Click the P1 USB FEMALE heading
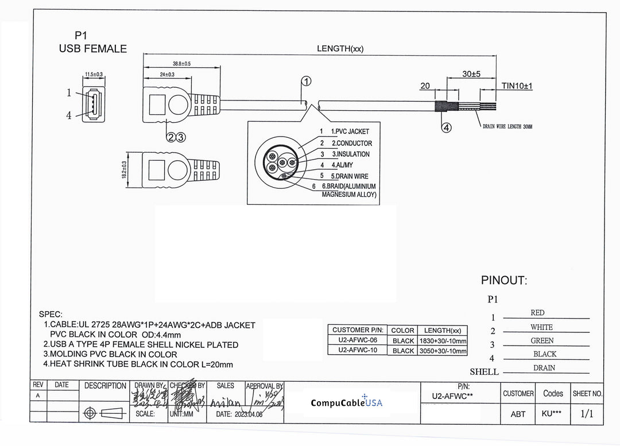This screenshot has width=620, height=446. pyautogui.click(x=92, y=42)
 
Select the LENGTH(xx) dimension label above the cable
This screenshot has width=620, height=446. pyautogui.click(x=340, y=49)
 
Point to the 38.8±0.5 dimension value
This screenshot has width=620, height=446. pyautogui.click(x=181, y=63)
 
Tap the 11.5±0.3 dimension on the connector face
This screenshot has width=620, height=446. pyautogui.click(x=94, y=75)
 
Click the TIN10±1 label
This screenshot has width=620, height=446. pyautogui.click(x=517, y=86)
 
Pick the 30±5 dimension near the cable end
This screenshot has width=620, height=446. pyautogui.click(x=471, y=75)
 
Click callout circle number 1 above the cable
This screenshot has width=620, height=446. pyautogui.click(x=307, y=82)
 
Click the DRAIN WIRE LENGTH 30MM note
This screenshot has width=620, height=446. pyautogui.click(x=507, y=126)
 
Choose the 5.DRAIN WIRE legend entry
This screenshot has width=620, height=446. pyautogui.click(x=349, y=176)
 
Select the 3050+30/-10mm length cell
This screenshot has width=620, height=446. pyautogui.click(x=442, y=351)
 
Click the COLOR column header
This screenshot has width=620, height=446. pyautogui.click(x=402, y=330)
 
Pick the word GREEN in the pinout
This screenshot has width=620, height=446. pyautogui.click(x=542, y=340)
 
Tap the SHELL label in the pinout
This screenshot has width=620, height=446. pyautogui.click(x=484, y=372)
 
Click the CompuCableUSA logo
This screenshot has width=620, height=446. pyautogui.click(x=347, y=402)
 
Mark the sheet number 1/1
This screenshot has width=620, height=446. pyautogui.click(x=587, y=413)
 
